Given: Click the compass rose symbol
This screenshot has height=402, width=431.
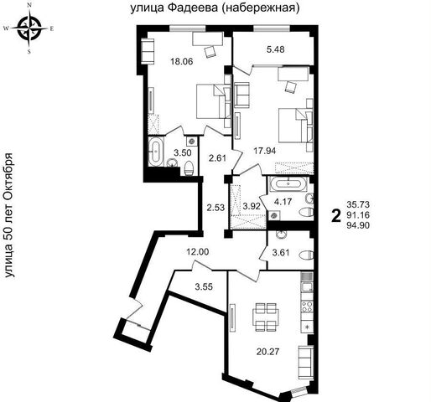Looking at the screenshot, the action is [x=29, y=28].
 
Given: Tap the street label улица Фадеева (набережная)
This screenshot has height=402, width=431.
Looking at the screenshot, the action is [x=215, y=8].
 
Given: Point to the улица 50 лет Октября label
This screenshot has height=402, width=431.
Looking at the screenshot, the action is [x=10, y=215].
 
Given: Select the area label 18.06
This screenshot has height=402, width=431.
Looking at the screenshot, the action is [x=182, y=61].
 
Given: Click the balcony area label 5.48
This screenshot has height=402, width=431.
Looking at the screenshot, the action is [x=276, y=49].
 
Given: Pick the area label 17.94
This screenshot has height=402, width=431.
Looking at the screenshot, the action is [x=265, y=151].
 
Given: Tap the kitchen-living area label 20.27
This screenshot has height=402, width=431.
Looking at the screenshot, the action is [x=267, y=352].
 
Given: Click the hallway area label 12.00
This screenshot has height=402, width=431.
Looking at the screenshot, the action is [x=198, y=252].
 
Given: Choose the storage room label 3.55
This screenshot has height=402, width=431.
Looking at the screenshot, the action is [x=204, y=286].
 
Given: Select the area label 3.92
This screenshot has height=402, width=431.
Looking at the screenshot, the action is [x=252, y=207].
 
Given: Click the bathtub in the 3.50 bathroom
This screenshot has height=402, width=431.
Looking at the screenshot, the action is [x=155, y=152].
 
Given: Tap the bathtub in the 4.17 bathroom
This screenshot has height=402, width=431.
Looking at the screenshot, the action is [x=288, y=184].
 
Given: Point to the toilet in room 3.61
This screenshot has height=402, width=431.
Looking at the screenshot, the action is [x=306, y=255].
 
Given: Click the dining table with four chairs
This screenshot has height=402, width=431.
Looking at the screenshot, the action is [x=266, y=317].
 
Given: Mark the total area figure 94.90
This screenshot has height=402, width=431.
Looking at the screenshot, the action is [x=358, y=225].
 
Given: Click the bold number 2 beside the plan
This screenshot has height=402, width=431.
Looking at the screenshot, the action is [x=336, y=216].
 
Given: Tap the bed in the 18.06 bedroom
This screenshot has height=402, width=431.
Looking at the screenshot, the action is [x=214, y=101].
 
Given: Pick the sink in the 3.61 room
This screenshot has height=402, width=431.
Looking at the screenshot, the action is [x=281, y=234].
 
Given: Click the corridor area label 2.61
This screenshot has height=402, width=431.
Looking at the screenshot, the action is [x=217, y=158].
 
